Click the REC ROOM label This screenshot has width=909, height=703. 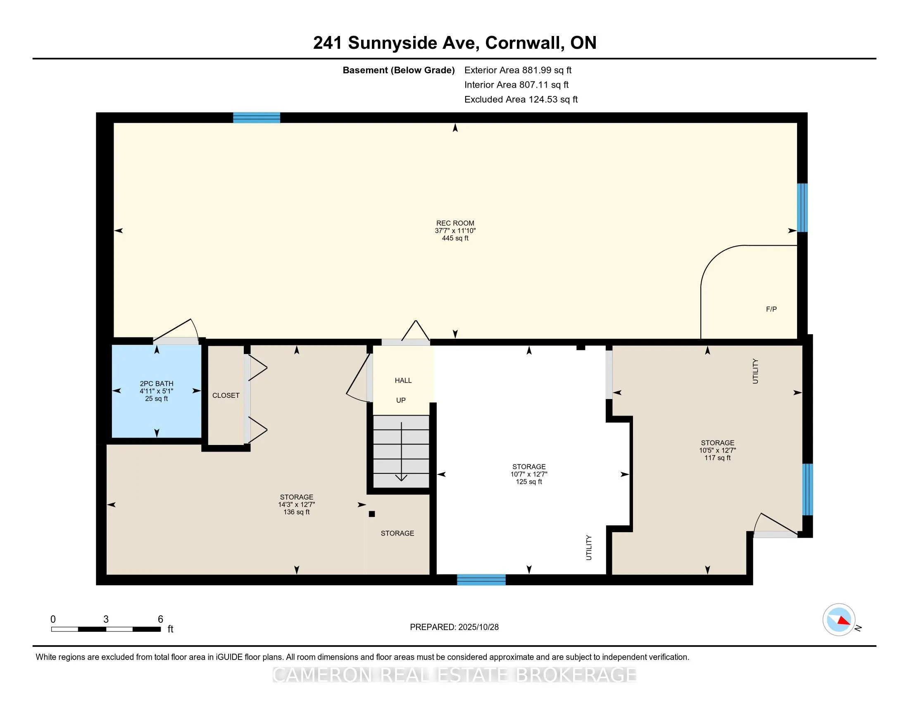pyautogui.click(x=455, y=223)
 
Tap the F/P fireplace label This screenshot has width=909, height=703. pyautogui.click(x=771, y=309)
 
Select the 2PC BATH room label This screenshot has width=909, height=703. pyautogui.click(x=157, y=384)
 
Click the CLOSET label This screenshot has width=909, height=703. pyautogui.click(x=226, y=395)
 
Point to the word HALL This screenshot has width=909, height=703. pyautogui.click(x=403, y=380)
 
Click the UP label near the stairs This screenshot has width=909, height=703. pyautogui.click(x=400, y=400)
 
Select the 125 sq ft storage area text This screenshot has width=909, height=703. pyautogui.click(x=528, y=481)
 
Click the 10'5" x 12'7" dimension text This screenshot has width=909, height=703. pyautogui.click(x=717, y=450)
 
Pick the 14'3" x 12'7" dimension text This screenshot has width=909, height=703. pyautogui.click(x=296, y=505)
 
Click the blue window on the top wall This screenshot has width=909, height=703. pyautogui.click(x=257, y=118)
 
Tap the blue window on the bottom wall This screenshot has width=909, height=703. pyautogui.click(x=481, y=579)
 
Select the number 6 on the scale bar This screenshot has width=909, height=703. pyautogui.click(x=160, y=619)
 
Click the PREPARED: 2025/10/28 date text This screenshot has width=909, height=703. pyautogui.click(x=454, y=627)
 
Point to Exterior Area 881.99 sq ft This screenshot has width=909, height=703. pyautogui.click(x=518, y=70)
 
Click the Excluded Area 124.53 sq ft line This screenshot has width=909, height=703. pyautogui.click(x=521, y=99)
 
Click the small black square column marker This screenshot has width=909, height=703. pyautogui.click(x=372, y=514)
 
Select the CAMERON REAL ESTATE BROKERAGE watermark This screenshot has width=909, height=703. pyautogui.click(x=454, y=675)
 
